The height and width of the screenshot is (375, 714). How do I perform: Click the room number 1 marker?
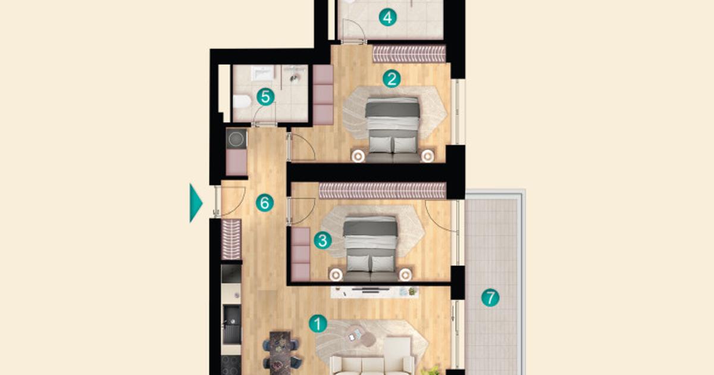click(318, 324)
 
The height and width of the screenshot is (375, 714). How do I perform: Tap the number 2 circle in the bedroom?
click(391, 79)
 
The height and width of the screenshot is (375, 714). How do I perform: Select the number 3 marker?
click(322, 240)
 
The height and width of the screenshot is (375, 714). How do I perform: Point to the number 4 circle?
click(388, 17)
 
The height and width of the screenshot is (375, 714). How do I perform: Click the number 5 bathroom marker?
click(265, 96)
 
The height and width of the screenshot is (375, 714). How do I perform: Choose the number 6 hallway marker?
click(265, 203)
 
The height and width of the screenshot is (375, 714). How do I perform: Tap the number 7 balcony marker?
click(490, 298)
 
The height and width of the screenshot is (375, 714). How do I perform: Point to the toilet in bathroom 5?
click(241, 101)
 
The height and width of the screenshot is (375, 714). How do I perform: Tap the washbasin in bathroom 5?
click(261, 73)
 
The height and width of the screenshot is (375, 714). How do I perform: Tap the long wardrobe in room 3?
click(382, 190)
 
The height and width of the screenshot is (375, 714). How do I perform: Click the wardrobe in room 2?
click(409, 54)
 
